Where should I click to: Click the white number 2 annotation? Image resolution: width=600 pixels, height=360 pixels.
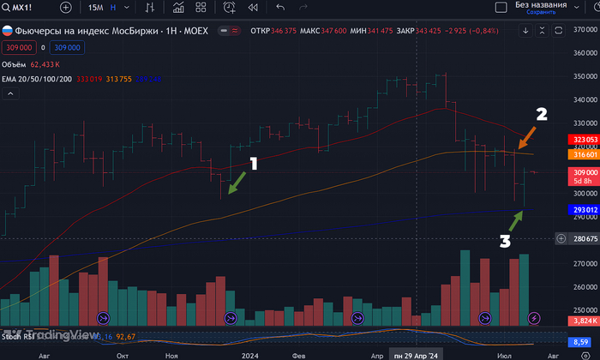coord(542,114)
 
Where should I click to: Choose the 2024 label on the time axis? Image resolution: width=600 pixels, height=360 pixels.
coord(251,353)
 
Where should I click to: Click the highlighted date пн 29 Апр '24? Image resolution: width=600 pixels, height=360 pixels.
coord(416,353)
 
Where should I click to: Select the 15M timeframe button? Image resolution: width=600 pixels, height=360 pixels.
coord(97,8)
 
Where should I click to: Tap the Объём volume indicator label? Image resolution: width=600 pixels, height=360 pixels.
coord(15,63)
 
